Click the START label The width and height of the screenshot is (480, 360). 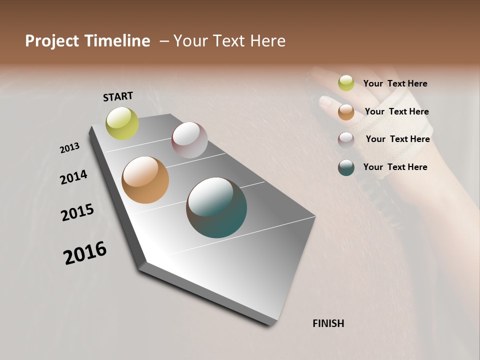[118, 96]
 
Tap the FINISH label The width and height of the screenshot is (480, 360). [328, 323]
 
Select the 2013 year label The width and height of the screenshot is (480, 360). [70, 147]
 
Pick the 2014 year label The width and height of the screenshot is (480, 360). [74, 177]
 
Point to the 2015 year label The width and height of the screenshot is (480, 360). [77, 212]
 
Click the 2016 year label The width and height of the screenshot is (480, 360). [85, 253]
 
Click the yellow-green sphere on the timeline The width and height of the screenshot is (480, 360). [122, 123]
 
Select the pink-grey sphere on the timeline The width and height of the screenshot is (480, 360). [189, 140]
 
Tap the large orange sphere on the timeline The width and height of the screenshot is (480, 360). [145, 180]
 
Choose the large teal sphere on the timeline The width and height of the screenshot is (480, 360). [216, 207]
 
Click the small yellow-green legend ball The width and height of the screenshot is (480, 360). [346, 83]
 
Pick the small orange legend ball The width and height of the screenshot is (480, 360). [346, 112]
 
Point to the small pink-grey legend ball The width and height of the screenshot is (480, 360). [346, 140]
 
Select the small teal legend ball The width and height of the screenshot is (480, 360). [346, 168]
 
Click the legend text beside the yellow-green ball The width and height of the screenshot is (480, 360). [395, 83]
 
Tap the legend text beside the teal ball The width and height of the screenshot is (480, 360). [395, 167]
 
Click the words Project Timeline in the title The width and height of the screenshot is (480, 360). [87, 41]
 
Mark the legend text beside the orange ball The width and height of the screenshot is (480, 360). [396, 111]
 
